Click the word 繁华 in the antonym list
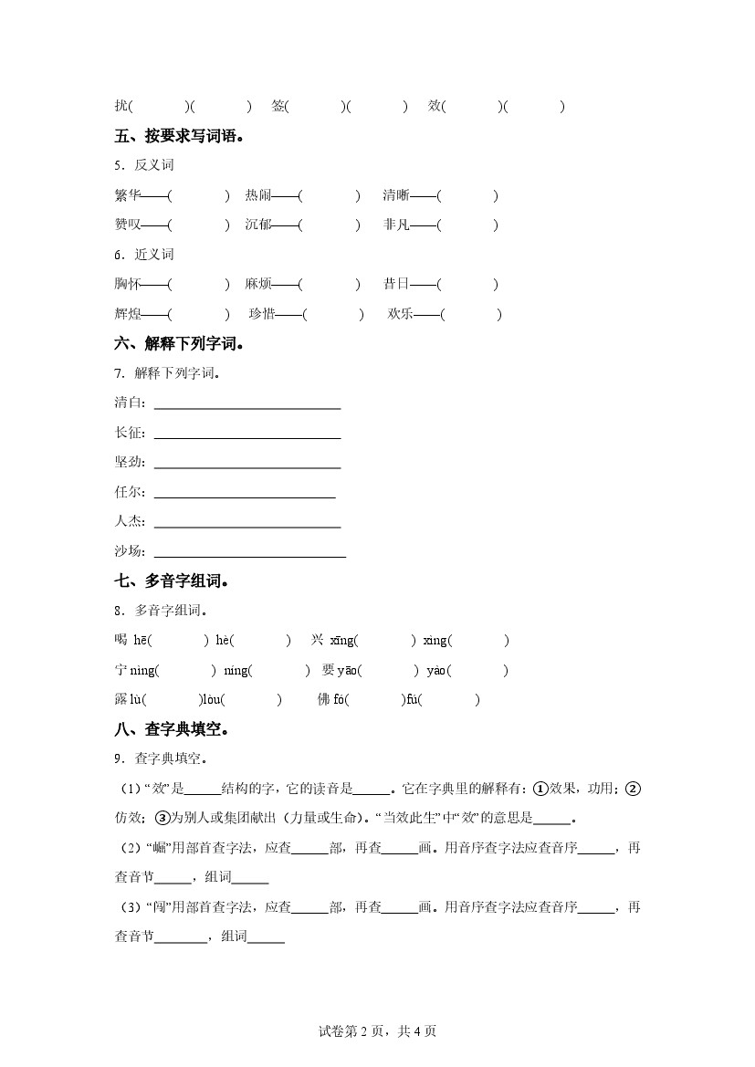pyautogui.click(x=128, y=195)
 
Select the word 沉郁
pyautogui.click(x=258, y=225)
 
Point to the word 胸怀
pyautogui.click(x=128, y=284)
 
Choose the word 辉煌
pyautogui.click(x=128, y=314)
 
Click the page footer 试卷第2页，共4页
pyautogui.click(x=377, y=1031)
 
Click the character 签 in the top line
pyautogui.click(x=278, y=107)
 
